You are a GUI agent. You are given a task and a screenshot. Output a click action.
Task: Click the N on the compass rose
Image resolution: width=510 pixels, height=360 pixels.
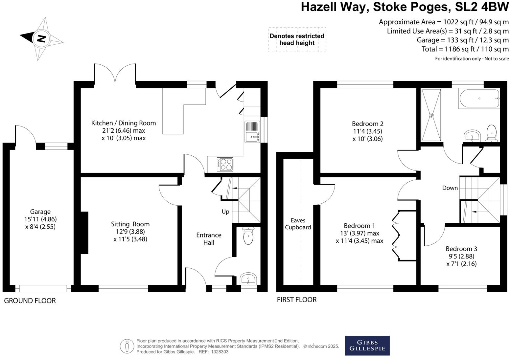pyautogui.click(x=41, y=39)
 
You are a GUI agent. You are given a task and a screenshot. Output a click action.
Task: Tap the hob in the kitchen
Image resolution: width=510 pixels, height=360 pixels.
pyautogui.click(x=225, y=164)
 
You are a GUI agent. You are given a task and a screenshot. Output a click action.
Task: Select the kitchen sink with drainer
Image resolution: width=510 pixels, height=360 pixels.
pyautogui.click(x=252, y=132)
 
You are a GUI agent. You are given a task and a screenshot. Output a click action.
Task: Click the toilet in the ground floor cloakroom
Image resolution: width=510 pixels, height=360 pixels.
pyautogui.click(x=248, y=236)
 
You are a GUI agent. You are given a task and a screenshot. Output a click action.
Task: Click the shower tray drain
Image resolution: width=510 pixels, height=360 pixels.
pyautogui.click(x=431, y=115)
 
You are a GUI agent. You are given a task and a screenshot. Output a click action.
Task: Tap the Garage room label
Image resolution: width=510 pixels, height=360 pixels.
pyautogui.click(x=40, y=212)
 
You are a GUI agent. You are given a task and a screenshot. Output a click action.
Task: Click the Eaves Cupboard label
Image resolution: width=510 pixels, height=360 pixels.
pyautogui.click(x=298, y=224)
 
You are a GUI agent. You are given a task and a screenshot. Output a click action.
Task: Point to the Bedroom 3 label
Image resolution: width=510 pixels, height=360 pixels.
pyautogui.click(x=461, y=249)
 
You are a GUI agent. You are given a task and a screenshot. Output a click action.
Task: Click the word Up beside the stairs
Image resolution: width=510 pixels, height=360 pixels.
pyautogui.click(x=225, y=212)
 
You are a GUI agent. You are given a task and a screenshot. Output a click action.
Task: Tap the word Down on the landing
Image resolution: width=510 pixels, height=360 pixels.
pyautogui.click(x=450, y=188)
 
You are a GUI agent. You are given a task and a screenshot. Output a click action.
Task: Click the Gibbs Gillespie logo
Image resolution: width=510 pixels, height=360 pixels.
pyautogui.click(x=367, y=346)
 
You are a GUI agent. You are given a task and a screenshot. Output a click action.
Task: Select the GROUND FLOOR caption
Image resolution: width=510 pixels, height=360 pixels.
pyautogui.click(x=30, y=301)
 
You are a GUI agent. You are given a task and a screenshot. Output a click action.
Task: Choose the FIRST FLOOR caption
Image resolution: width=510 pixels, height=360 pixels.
pyautogui.click(x=297, y=300)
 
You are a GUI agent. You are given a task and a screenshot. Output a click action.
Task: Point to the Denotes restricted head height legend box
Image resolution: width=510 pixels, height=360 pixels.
pyautogui.click(x=297, y=40)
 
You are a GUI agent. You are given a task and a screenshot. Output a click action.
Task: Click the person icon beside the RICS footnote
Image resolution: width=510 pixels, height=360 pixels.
pyautogui.click(x=127, y=346)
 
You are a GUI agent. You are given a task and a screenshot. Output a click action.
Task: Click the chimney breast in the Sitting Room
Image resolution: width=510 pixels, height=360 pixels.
pyautogui.click(x=84, y=233)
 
